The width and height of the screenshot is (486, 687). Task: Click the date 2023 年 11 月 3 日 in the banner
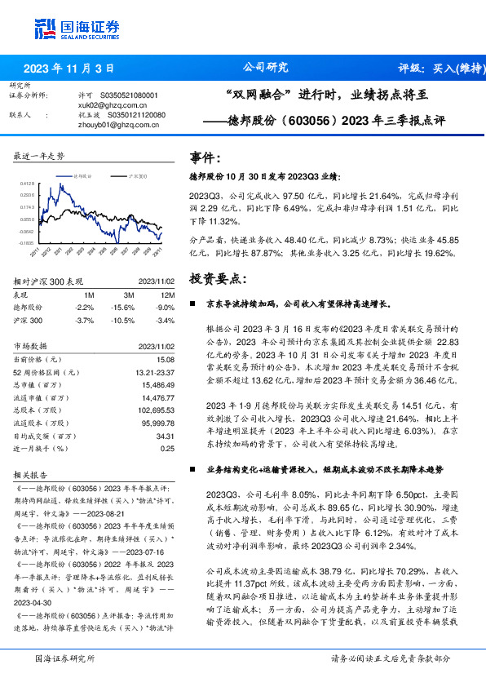tap(68, 68)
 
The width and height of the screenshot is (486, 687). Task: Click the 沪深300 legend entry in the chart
tap(136, 175)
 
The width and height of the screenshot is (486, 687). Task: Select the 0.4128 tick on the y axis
tap(26, 184)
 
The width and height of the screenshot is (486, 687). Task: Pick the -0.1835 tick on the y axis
tap(26, 243)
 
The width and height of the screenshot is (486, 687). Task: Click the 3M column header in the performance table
tap(129, 295)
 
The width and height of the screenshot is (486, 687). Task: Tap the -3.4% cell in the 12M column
tap(165, 319)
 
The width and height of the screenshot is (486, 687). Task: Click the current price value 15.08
tap(166, 359)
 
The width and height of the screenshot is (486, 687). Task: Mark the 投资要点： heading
tap(216, 278)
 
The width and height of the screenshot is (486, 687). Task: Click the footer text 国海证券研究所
tap(64, 658)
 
